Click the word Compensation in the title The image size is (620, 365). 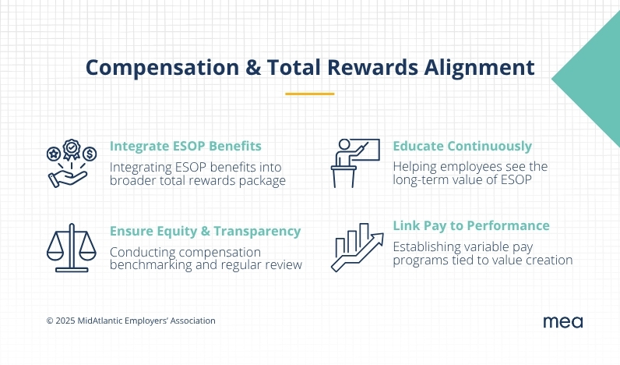coord(162,68)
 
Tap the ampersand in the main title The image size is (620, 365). coord(253,67)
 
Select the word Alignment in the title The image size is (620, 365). coord(479,68)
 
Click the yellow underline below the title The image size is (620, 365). coord(309,94)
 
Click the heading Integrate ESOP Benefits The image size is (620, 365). coord(185,146)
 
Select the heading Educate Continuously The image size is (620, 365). coord(462,146)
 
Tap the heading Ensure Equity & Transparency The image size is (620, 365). coord(205,231)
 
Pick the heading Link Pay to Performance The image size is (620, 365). coord(471,225)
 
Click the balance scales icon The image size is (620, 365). coord(72,248)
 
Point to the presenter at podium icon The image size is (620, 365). coord(355,163)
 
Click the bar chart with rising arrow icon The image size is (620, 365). coord(357,247)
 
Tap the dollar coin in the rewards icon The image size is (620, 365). coord(90,154)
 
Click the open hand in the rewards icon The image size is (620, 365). coord(66,179)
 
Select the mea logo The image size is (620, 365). coord(563,322)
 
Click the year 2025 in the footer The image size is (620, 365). coord(65,321)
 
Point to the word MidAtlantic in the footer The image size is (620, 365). coord(100,321)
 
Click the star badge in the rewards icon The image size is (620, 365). coord(54,154)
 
